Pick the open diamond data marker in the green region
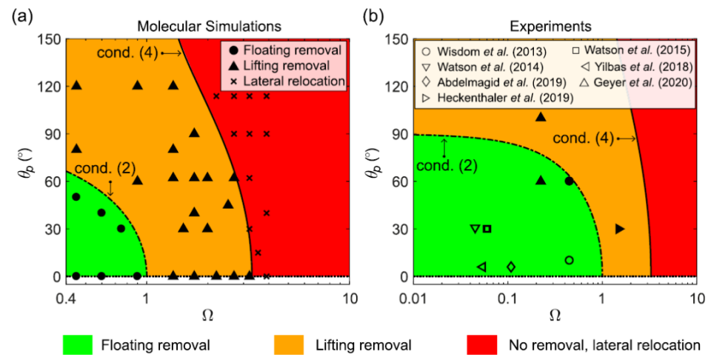511,267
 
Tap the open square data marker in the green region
487,229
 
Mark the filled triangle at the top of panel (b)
541,117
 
